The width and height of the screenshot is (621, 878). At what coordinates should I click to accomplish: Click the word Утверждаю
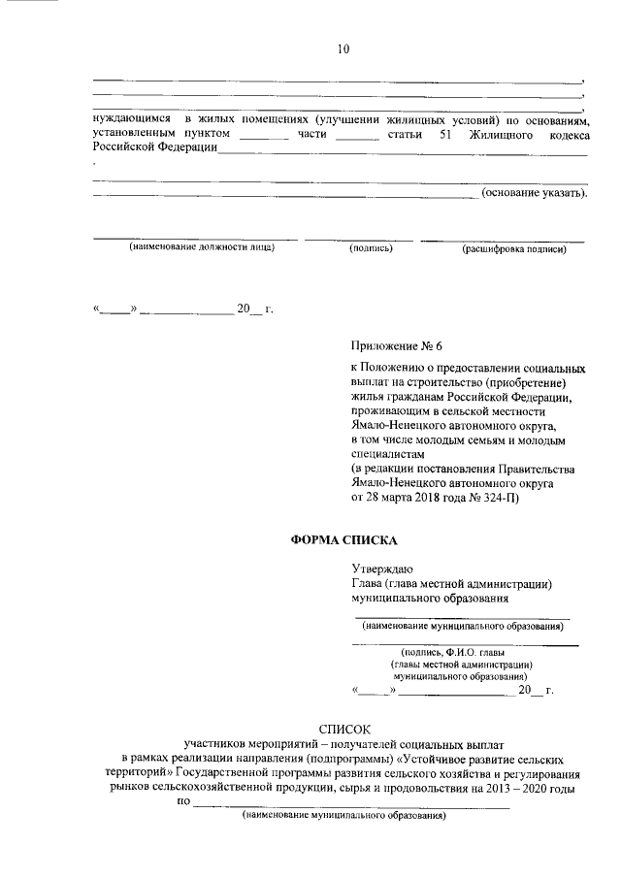click(382, 569)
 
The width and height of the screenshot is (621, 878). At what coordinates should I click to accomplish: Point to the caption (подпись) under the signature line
click(370, 248)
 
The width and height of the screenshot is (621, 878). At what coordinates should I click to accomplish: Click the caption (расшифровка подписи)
click(513, 248)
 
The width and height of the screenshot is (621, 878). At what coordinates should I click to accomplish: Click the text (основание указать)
click(534, 193)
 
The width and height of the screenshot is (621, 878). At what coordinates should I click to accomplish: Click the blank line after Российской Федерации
click(402, 151)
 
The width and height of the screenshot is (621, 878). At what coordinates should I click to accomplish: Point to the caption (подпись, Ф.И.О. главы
click(461, 652)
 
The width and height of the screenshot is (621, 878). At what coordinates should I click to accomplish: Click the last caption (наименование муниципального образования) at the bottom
click(343, 817)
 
